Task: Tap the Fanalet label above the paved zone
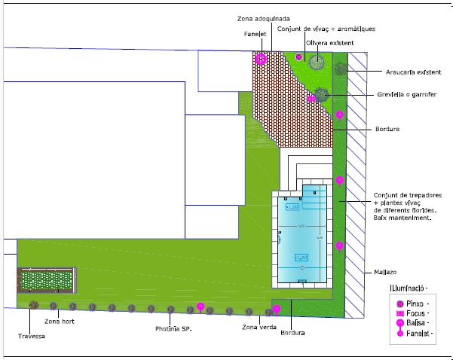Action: coord(253,33)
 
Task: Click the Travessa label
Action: coord(32,336)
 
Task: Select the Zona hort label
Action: coord(57,322)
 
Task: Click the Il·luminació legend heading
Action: coord(408,288)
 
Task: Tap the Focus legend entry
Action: coord(415,312)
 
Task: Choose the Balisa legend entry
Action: coord(415,322)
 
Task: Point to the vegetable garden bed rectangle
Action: coord(46,280)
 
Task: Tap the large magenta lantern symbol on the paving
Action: coord(261,59)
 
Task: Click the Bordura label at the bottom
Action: coord(291,333)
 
